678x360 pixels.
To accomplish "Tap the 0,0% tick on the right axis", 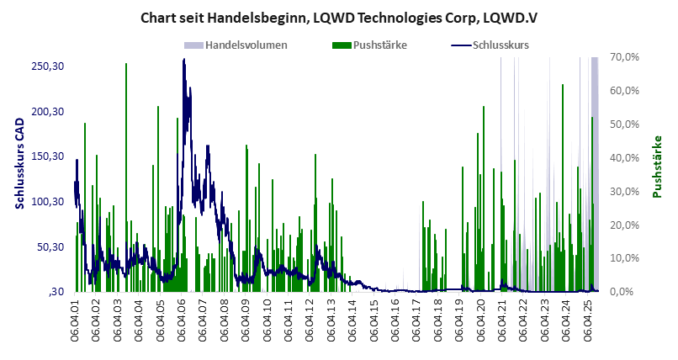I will click(x=628, y=292).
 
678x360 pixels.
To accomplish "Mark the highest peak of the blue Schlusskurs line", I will click(x=183, y=61).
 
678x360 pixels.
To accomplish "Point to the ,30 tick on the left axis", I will click(x=56, y=292).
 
